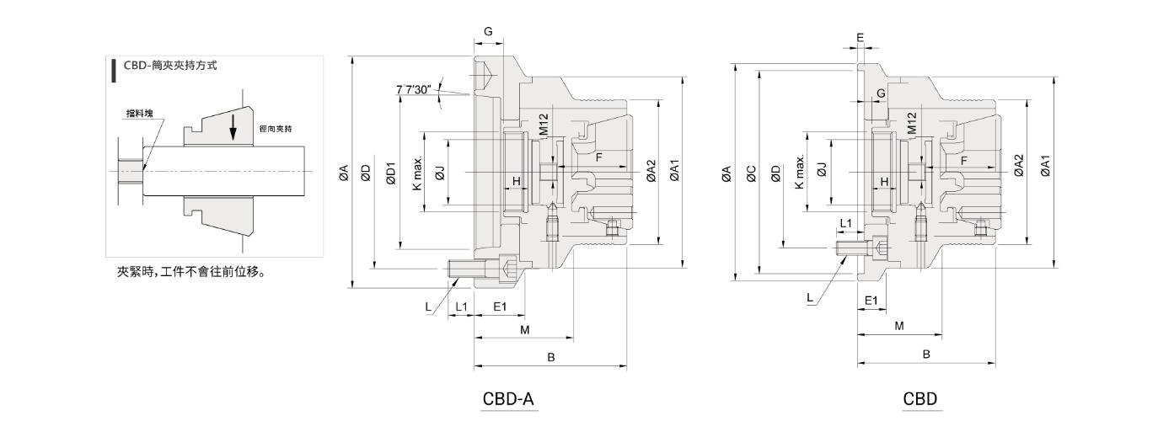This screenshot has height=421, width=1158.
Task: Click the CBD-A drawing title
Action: click(x=509, y=398)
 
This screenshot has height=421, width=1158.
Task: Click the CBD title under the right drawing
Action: click(x=920, y=398)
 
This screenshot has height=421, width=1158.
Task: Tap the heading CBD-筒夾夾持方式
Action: click(x=169, y=65)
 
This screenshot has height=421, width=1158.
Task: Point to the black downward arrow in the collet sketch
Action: click(x=234, y=127)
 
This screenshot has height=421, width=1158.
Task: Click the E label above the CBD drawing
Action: click(x=860, y=38)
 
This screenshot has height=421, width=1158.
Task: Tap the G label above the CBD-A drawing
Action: click(x=488, y=31)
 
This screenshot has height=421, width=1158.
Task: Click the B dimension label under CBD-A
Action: click(x=551, y=357)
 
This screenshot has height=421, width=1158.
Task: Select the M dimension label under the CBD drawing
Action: click(x=898, y=325)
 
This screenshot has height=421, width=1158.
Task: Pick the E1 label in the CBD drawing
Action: click(x=871, y=300)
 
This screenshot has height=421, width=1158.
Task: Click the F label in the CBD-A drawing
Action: click(x=599, y=157)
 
